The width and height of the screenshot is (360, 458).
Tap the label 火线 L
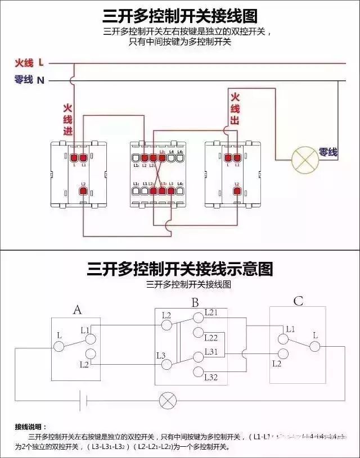pyautogui.click(x=29, y=62)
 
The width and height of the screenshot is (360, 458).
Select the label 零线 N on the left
pyautogui.click(x=29, y=80)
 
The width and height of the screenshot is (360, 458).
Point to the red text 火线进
pyautogui.click(x=67, y=119)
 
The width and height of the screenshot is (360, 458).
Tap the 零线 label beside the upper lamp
pyautogui.click(x=328, y=152)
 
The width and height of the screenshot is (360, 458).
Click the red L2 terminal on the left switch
pyautogui.click(x=83, y=191)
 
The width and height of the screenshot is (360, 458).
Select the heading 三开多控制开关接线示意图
pyautogui.click(x=180, y=269)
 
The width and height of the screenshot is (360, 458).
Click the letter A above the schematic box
pyautogui.click(x=78, y=310)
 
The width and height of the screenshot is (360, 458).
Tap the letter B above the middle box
pyautogui.click(x=195, y=303)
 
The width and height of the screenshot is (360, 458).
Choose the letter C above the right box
pyautogui.click(x=298, y=302)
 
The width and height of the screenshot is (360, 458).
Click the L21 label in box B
pyautogui.click(x=211, y=312)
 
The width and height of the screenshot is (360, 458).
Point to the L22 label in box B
pyautogui.click(x=211, y=337)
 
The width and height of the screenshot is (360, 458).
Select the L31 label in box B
pyautogui.click(x=211, y=351)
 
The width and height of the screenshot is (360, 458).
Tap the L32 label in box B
pyautogui.click(x=211, y=377)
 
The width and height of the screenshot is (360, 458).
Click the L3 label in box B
pyautogui.click(x=161, y=355)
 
